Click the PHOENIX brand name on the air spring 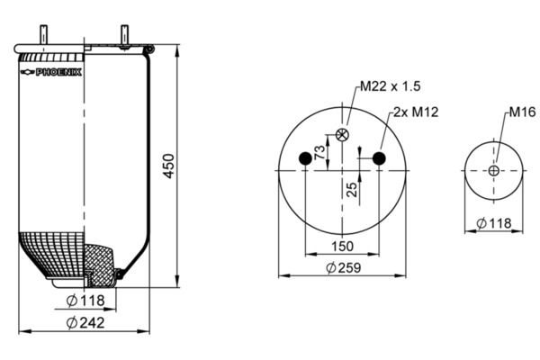58,72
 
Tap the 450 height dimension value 169,166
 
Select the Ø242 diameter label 85,323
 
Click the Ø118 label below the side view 85,301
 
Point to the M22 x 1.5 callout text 391,86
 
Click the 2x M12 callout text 416,112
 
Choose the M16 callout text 522,112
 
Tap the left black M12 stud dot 305,158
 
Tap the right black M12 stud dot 379,158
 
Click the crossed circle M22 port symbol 342,135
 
